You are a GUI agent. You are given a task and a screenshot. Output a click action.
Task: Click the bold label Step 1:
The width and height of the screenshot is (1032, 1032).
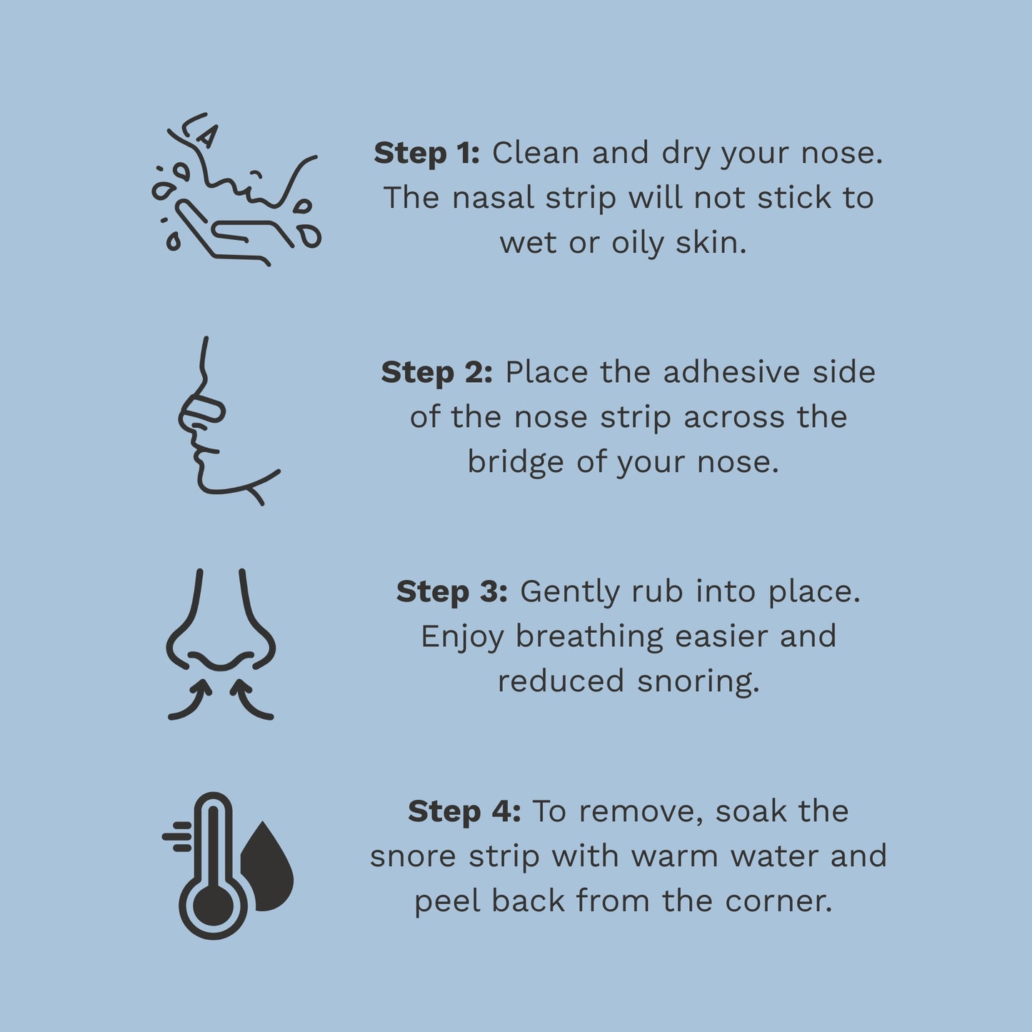(426, 154)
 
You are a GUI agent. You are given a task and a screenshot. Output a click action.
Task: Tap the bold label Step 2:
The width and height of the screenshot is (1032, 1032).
(436, 373)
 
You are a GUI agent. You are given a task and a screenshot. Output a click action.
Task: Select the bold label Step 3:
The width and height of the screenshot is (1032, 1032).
(451, 592)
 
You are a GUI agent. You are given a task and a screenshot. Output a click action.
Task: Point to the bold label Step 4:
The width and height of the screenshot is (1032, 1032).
(464, 812)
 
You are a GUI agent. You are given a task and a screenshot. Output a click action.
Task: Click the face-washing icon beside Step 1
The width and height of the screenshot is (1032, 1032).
(236, 189)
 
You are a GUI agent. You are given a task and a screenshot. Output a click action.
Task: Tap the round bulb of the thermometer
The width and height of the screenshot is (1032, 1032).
(213, 906)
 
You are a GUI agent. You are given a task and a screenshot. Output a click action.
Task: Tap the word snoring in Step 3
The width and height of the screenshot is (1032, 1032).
(698, 682)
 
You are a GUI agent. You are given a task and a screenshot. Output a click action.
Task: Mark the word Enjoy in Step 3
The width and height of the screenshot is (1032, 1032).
(462, 637)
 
